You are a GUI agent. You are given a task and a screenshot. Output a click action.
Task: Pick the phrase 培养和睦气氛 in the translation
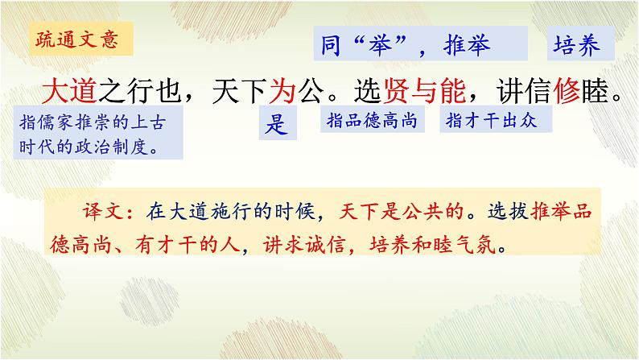pyautogui.click(x=434, y=243)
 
